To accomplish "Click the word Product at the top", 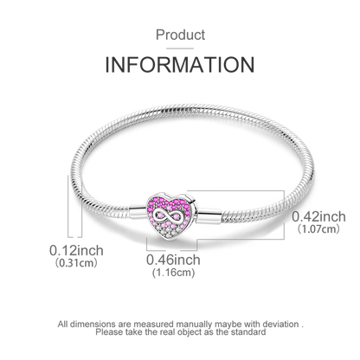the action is (180, 35).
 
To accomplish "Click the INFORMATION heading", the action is (180, 65).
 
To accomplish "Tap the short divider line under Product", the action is (180, 48).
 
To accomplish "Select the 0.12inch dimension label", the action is (76, 250).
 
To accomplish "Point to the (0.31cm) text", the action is (76, 263).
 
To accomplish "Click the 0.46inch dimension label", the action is (173, 260).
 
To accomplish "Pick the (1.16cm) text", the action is (173, 273).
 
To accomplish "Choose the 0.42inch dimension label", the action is (318, 216).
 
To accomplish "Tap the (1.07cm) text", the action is (318, 229).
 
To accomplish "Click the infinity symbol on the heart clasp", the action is (166, 215).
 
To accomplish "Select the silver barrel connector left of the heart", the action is (138, 211).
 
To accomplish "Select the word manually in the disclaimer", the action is (194, 325).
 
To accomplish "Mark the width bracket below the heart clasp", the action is (171, 250).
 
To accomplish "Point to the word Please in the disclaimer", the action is (110, 332).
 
